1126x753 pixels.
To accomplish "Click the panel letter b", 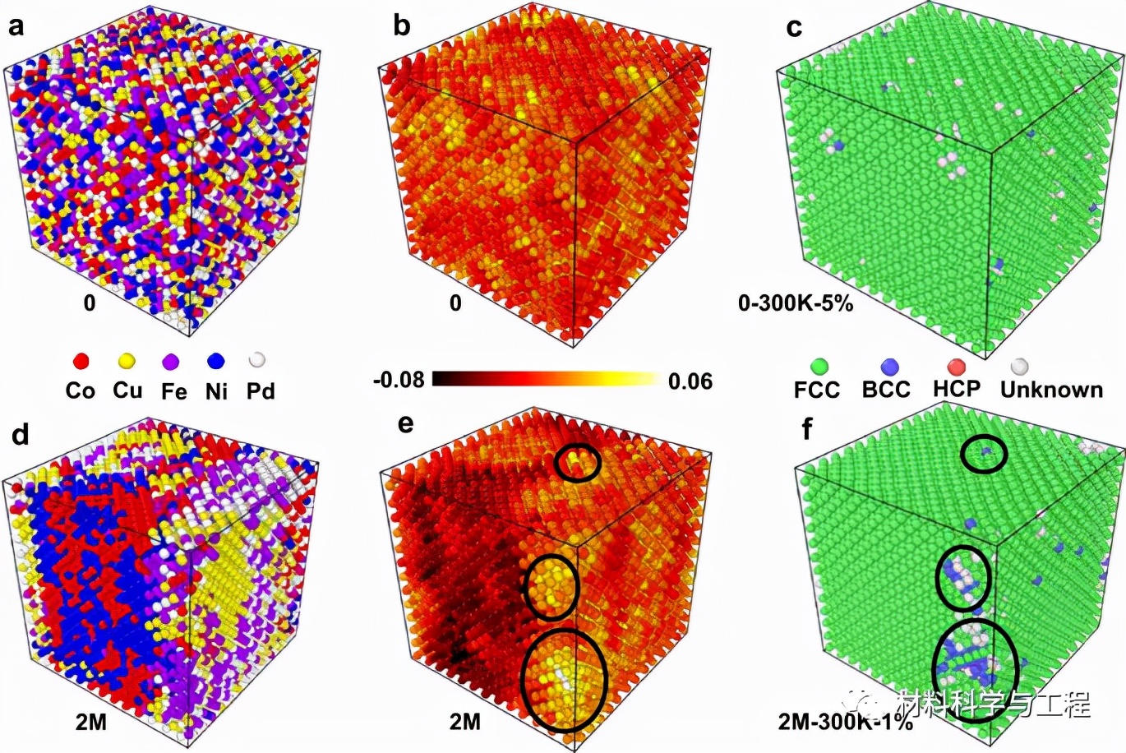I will (x=401, y=26).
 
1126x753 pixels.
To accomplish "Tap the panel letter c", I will (x=794, y=28).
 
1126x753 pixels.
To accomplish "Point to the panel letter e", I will (x=405, y=425).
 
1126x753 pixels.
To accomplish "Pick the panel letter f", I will (x=807, y=428).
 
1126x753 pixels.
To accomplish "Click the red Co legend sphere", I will (x=81, y=361).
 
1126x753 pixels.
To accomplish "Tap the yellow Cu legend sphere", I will (x=127, y=360).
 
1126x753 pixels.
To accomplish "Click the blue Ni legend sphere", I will (x=216, y=361).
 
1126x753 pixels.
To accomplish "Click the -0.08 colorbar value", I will (x=399, y=380).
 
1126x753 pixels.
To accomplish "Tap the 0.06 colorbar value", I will (x=690, y=381).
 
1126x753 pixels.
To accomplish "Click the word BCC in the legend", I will (x=886, y=389).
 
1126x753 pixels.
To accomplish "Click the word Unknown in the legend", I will (x=1051, y=389).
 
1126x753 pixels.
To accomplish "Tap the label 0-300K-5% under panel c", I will (x=796, y=303).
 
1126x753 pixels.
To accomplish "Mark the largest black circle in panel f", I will (x=976, y=669).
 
